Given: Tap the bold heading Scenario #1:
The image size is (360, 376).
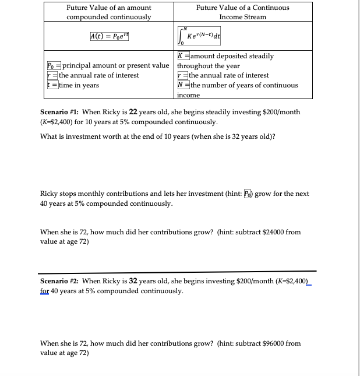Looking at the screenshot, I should point(63,112).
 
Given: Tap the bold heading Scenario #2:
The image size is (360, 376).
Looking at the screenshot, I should point(63,281).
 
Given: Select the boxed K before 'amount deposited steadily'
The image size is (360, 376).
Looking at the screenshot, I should point(181,57).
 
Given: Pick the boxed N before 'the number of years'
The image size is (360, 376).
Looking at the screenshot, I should point(181,85).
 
